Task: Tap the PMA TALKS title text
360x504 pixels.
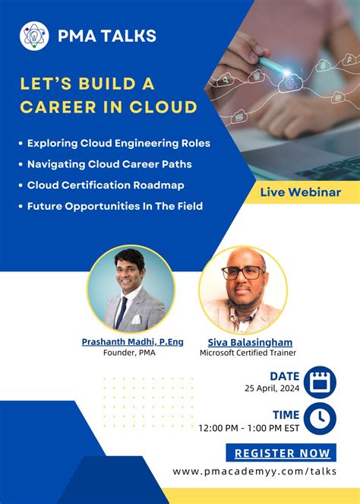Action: point(107,35)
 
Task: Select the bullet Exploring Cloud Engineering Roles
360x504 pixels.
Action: point(118,143)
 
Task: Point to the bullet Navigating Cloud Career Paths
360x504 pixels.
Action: point(109,164)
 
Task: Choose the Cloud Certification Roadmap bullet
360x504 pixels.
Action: point(106,185)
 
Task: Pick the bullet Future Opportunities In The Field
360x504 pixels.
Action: point(114,206)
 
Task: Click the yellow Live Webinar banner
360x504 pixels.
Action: point(300,192)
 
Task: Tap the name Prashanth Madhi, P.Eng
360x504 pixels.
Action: point(132,342)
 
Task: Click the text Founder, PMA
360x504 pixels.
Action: point(132,353)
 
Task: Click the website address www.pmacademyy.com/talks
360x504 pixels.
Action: point(254,472)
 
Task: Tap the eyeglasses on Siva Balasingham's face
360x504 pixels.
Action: point(244,272)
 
